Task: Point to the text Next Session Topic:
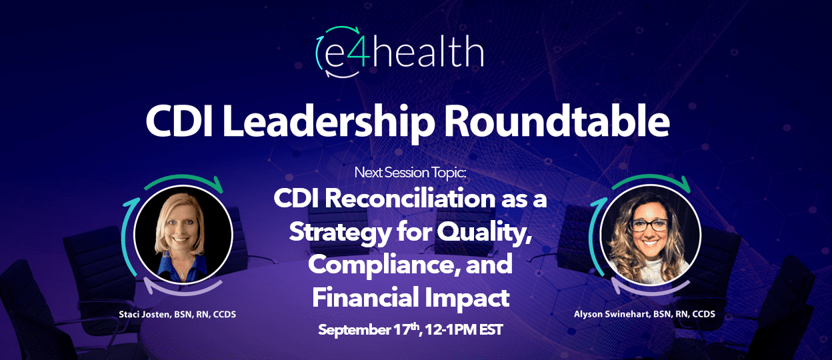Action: click(410, 173)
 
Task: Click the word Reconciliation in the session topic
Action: click(411, 199)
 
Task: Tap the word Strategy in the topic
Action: click(340, 233)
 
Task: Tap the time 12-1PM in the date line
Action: click(451, 330)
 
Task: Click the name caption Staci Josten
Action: click(145, 315)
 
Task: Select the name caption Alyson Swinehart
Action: click(612, 314)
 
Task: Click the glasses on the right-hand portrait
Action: click(649, 225)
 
